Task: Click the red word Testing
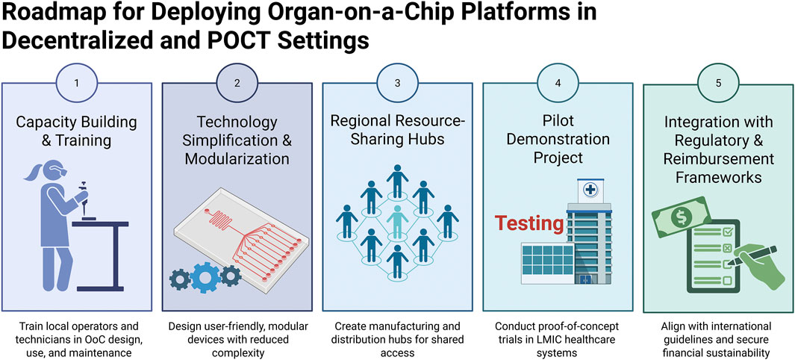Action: tap(530, 223)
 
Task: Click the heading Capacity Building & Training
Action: tap(77, 131)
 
